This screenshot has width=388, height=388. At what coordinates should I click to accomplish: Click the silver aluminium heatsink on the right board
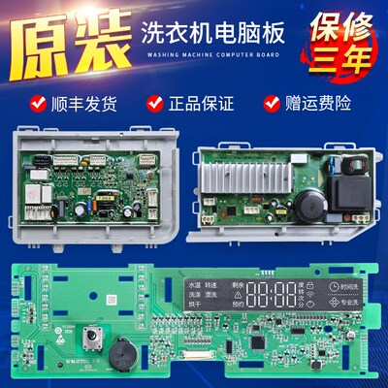click(x=242, y=174)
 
